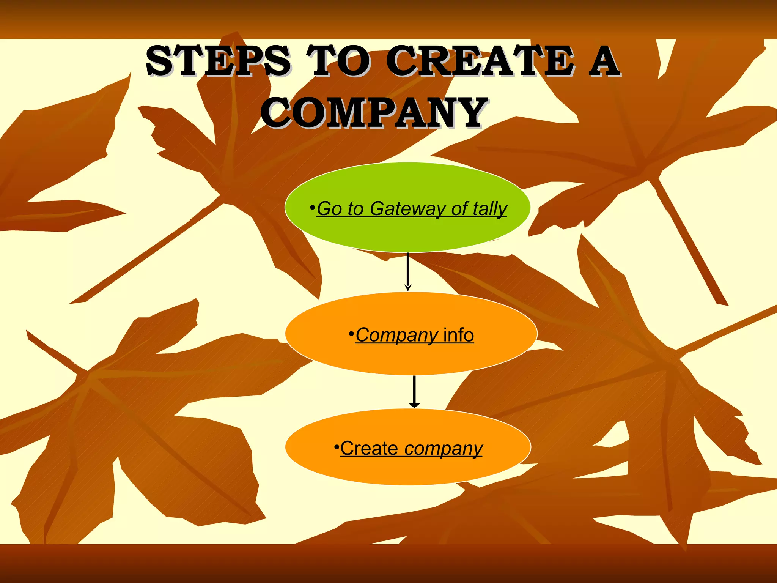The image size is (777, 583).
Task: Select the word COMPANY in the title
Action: (374, 112)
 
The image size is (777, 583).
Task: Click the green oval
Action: (407, 232)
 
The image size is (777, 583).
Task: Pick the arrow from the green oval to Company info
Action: (408, 271)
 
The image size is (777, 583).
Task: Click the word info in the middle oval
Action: (458, 335)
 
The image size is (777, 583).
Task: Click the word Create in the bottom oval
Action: (369, 448)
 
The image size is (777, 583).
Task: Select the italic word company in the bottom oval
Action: (444, 449)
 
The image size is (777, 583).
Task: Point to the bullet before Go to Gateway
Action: (312, 208)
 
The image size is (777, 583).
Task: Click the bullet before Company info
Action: (351, 334)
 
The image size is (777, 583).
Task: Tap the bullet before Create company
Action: (336, 447)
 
